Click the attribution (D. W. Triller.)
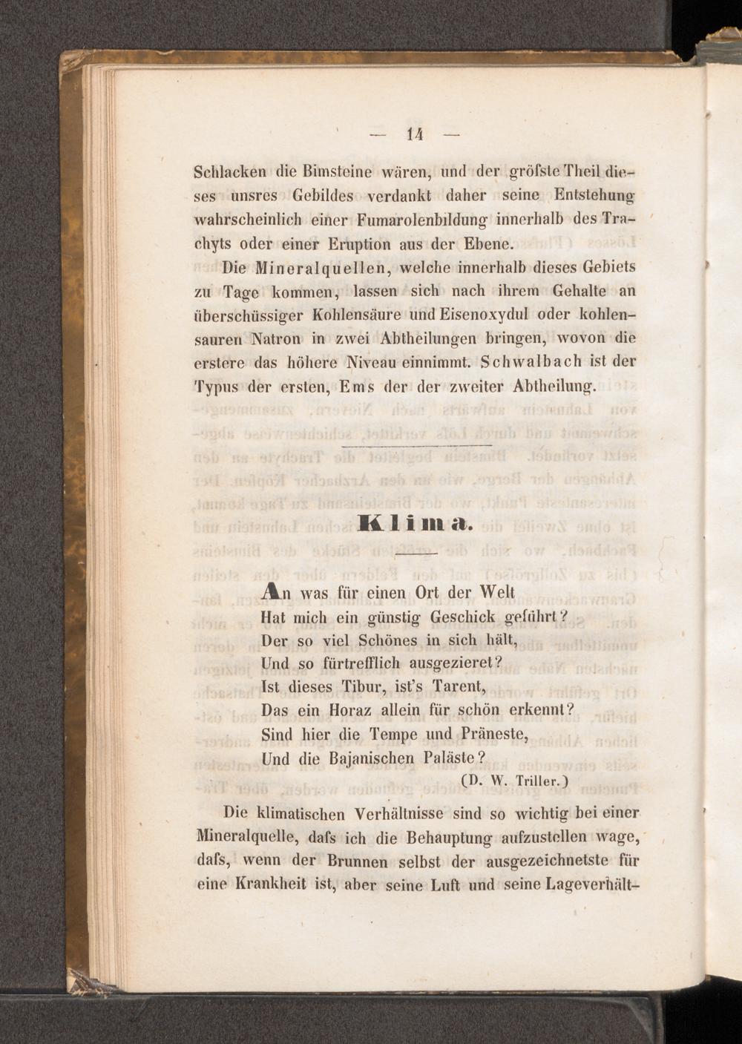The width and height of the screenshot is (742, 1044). click(513, 781)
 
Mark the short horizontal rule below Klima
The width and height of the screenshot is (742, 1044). click(417, 554)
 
